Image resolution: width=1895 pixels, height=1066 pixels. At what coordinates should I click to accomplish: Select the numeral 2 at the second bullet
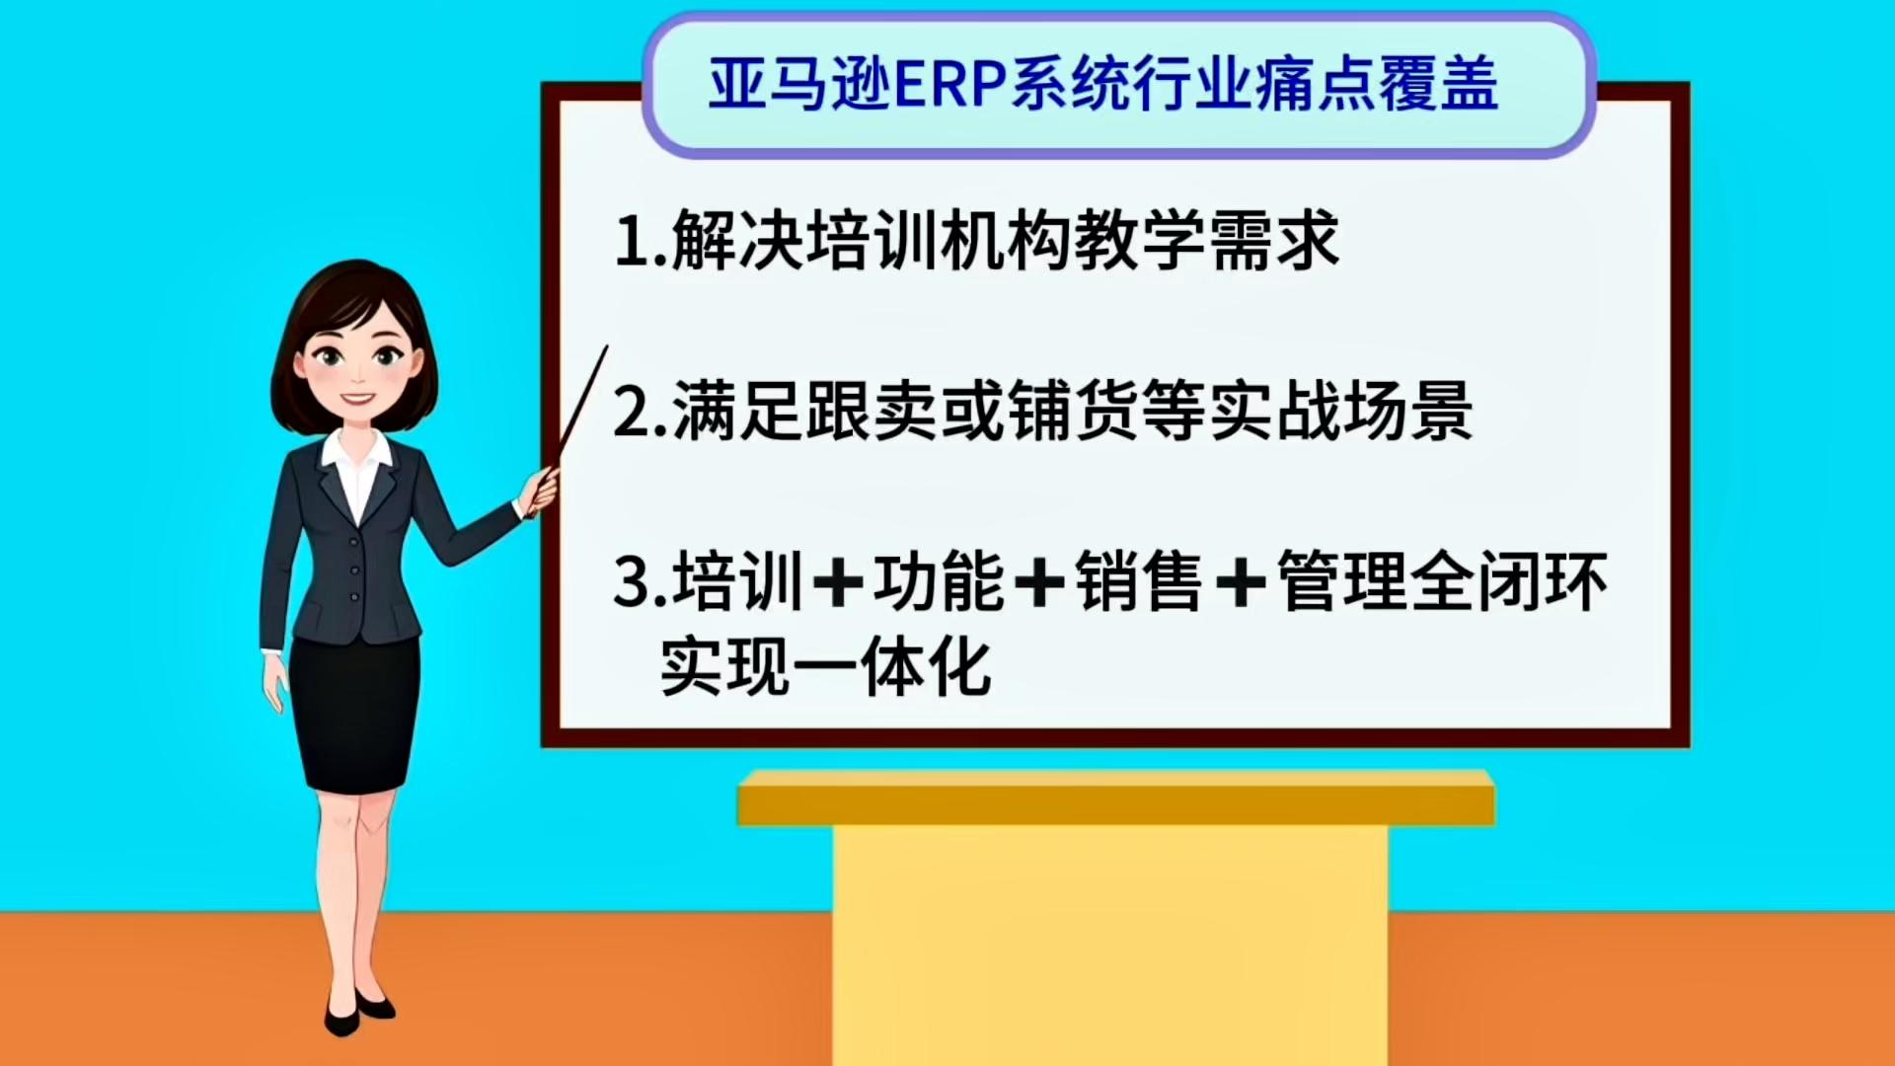point(632,412)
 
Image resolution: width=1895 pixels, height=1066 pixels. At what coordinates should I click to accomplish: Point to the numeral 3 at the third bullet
point(632,581)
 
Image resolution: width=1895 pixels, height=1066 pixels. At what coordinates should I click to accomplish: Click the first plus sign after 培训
point(838,582)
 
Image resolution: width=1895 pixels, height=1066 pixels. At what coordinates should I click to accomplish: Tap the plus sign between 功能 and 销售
point(1039,582)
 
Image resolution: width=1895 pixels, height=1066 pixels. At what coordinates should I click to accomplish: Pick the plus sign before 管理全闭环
point(1241,582)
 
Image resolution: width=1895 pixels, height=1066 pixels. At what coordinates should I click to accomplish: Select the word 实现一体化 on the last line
point(825,668)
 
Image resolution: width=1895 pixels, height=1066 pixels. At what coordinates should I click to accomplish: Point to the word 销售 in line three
point(1139,582)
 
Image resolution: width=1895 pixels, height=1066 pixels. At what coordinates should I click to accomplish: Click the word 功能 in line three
point(938,582)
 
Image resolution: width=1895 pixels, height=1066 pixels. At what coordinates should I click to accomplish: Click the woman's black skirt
point(353,713)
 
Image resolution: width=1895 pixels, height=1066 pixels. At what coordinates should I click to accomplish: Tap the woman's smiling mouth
point(358,399)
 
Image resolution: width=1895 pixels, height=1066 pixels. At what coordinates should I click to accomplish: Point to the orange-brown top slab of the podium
point(1115,798)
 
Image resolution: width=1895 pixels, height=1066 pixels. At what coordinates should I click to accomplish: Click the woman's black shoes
point(359,1011)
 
